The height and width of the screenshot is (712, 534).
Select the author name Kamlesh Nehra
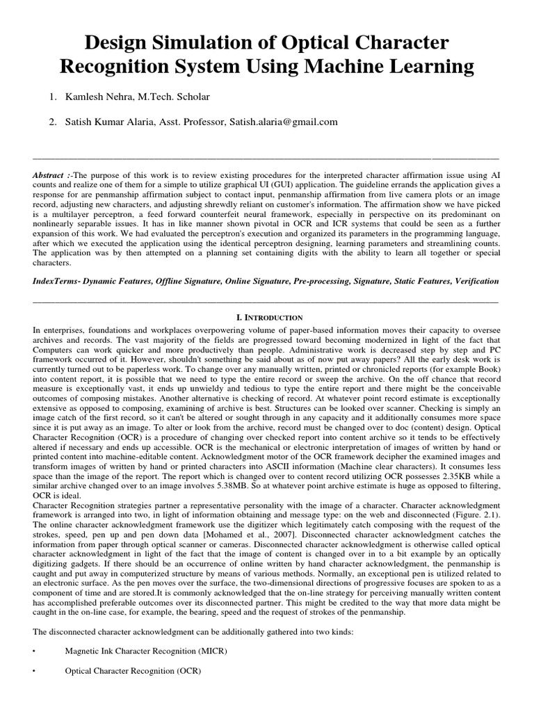pos(99,96)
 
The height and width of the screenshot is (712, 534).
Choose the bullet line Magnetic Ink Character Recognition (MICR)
pos(146,651)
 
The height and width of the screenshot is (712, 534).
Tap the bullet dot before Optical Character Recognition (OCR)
pos(34,672)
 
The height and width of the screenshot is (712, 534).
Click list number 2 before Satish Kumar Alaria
pos(52,122)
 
